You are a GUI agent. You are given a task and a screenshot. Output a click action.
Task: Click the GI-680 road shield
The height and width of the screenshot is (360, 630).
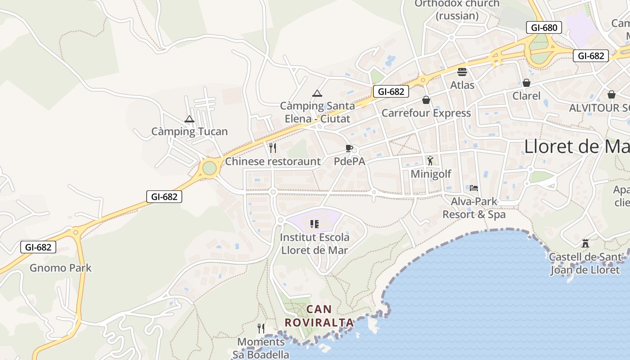point(544,27)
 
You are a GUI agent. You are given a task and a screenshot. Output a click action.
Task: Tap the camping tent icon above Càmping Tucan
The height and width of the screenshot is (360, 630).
point(189,119)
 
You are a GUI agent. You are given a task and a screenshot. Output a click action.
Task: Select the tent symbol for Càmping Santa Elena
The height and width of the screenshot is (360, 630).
point(317,94)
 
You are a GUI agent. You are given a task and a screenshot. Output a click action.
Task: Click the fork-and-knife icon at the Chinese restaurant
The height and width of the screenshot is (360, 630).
point(272,148)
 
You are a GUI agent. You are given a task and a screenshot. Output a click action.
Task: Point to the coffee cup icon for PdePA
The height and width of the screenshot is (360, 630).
point(349,148)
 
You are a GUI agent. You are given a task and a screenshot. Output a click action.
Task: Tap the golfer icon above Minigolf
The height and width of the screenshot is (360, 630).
point(430,161)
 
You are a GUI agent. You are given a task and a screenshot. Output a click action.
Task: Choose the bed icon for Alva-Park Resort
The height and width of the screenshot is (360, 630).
point(473,188)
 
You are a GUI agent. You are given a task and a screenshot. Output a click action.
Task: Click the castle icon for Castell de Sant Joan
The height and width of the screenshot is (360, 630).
point(585,243)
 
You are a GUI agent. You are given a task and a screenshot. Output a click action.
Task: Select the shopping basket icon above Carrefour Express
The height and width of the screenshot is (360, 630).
point(426,100)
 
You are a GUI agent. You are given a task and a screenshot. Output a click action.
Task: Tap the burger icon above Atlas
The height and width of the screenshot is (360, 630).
point(462,72)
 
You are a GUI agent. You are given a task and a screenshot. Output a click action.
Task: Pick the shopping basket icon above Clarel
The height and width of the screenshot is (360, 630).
point(526,83)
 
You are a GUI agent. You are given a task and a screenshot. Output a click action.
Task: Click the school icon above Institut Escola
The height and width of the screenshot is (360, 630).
point(315,224)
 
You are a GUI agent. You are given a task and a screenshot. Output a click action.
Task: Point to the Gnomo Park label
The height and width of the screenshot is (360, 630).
point(61,268)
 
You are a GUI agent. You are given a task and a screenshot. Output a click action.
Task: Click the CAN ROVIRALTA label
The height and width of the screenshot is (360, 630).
point(319,316)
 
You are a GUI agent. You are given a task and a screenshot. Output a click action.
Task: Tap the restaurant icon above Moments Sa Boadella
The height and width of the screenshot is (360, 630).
point(261,328)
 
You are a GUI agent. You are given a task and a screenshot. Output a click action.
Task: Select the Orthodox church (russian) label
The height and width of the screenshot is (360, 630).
point(457,9)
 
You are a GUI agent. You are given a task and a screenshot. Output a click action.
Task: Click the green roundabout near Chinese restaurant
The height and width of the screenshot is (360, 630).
point(209,168)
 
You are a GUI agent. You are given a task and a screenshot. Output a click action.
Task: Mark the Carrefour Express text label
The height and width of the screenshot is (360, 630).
point(426,113)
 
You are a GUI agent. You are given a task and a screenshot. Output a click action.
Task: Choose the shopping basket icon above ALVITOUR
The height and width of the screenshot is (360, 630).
point(611,94)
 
